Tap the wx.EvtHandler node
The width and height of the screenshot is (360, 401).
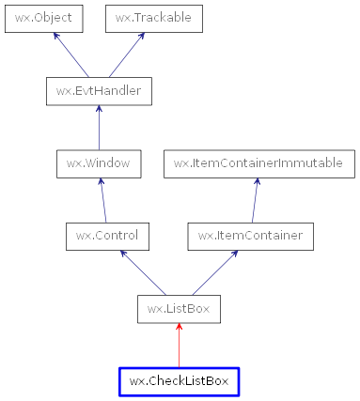pyautogui.click(x=99, y=90)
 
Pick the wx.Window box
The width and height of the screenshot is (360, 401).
pyautogui.click(x=99, y=162)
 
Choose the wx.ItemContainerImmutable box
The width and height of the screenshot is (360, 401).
pyautogui.click(x=258, y=162)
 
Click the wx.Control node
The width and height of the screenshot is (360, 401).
pyautogui.click(x=102, y=235)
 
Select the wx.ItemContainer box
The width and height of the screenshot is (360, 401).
pyautogui.click(x=250, y=235)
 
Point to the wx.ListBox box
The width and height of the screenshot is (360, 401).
pyautogui.click(x=179, y=308)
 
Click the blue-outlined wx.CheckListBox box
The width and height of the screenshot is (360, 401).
pyautogui.click(x=179, y=380)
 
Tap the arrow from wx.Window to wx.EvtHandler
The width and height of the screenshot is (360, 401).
pyautogui.click(x=99, y=127)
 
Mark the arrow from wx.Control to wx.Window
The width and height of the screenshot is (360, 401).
pyautogui.click(x=101, y=199)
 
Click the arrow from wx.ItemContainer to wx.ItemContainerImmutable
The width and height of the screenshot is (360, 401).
pyautogui.click(x=254, y=199)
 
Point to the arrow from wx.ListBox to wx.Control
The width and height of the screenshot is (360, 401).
pyautogui.click(x=141, y=271)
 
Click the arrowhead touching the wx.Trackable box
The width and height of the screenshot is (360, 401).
pyautogui.click(x=141, y=37)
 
